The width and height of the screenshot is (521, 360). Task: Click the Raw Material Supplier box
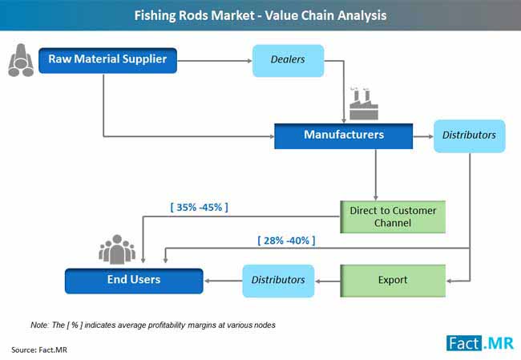pos(107,60)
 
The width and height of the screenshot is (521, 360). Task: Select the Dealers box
pos(288,61)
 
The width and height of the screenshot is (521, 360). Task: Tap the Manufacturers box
pos(343,136)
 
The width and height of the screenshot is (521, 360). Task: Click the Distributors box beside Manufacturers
pos(469,136)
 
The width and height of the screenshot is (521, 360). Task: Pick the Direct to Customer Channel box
pos(392,216)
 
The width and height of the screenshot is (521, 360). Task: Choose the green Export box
pos(392,281)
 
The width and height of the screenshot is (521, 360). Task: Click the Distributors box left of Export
pos(278,281)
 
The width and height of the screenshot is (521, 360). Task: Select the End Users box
pos(133,280)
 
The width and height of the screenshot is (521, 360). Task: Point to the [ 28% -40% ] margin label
pos(286,241)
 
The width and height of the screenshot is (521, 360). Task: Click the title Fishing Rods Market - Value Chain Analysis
pos(260,14)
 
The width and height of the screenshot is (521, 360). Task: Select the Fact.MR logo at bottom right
pos(480,343)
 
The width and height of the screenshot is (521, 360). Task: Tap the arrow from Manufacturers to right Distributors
pos(422,136)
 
